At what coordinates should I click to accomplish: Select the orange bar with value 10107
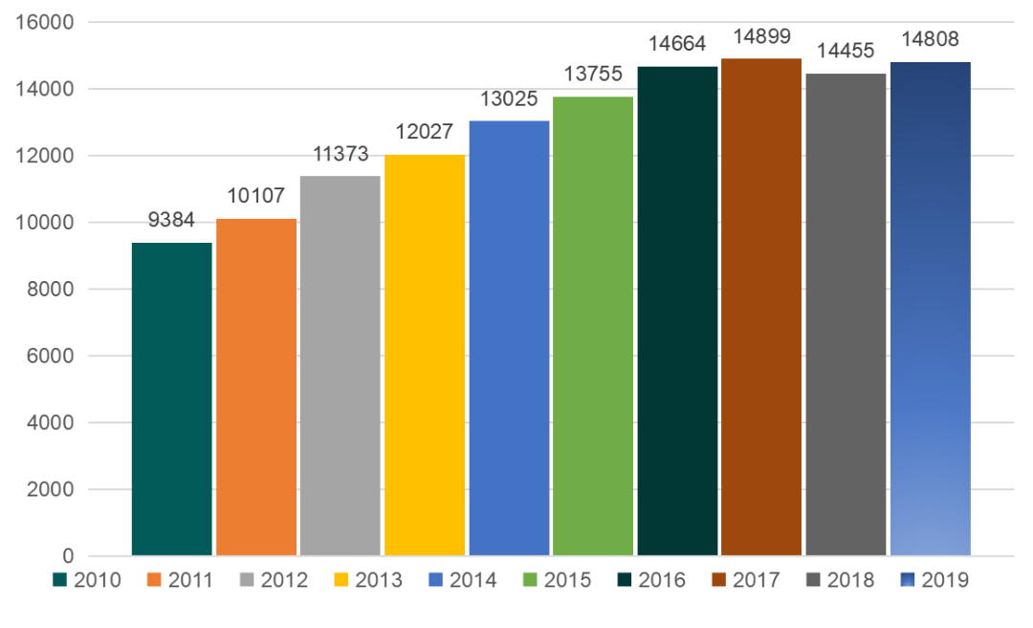click(x=255, y=387)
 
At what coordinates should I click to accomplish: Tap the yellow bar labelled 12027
click(x=425, y=355)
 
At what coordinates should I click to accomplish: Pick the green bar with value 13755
click(x=593, y=326)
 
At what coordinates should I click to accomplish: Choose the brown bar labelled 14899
click(x=761, y=307)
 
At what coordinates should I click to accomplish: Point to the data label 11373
click(x=340, y=154)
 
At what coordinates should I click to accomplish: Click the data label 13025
click(x=508, y=99)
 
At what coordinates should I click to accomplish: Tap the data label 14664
click(x=676, y=44)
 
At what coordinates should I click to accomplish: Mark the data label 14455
click(x=846, y=52)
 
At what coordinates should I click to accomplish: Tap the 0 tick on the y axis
click(x=67, y=556)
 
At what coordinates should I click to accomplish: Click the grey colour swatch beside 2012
click(x=248, y=580)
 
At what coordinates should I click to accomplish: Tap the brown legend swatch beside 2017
click(x=718, y=580)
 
